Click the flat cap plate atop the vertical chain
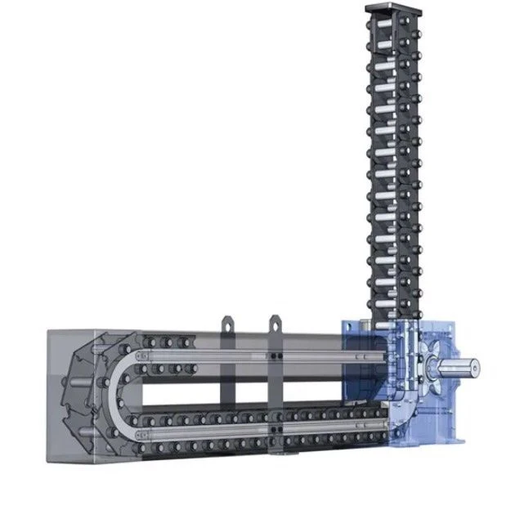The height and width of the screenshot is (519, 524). tap(396, 8)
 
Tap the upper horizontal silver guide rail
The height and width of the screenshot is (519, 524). tap(245, 356)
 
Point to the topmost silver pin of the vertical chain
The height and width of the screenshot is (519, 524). tap(396, 25)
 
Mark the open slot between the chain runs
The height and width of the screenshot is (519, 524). tap(245, 391)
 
